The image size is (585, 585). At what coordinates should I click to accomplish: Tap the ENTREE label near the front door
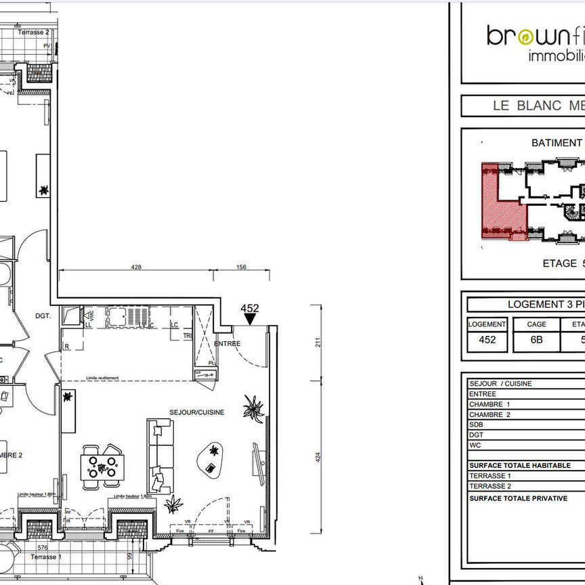click(x=227, y=343)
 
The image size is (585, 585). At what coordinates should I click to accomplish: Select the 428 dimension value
click(x=135, y=267)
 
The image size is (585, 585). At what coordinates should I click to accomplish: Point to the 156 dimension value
click(x=242, y=267)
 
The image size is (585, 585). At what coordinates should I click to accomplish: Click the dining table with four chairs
click(x=102, y=466)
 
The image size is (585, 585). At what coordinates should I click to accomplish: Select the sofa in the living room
click(x=160, y=455)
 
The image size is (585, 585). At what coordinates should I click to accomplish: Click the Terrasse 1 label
click(x=46, y=557)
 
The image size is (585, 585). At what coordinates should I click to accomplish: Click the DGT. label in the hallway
click(x=43, y=316)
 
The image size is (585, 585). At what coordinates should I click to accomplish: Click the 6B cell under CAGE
click(x=536, y=340)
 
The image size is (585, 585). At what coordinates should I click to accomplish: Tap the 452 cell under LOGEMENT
click(x=487, y=340)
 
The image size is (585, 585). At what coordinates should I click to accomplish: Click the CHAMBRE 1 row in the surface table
click(x=490, y=404)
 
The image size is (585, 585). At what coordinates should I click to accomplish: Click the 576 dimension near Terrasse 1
click(x=43, y=548)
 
